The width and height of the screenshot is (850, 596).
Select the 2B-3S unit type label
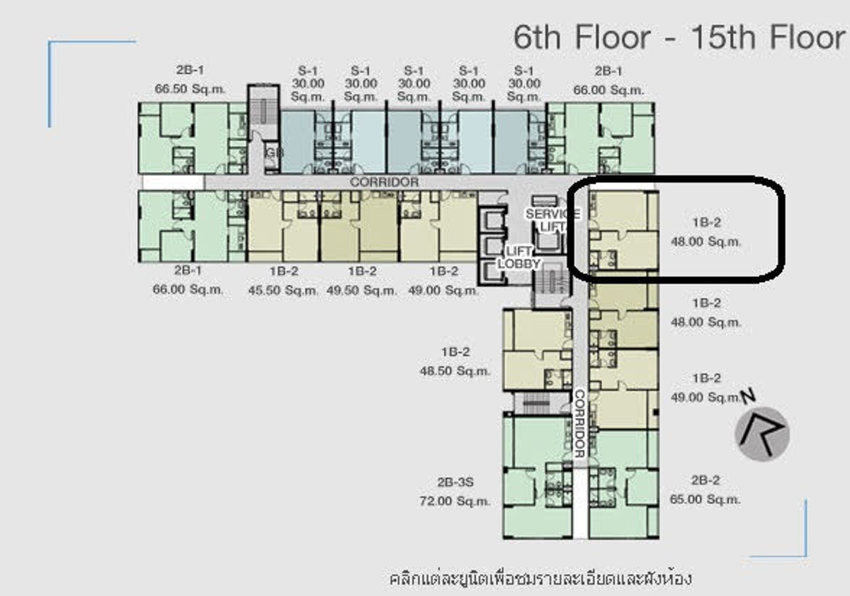coord(455,483)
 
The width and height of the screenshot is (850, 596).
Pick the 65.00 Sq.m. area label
coord(705,499)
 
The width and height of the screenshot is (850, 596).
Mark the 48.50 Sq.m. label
coord(455,370)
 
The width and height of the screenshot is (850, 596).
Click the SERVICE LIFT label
coord(552,220)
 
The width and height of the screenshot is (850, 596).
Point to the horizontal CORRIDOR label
coord(384,182)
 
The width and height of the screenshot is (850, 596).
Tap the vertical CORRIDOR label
coord(579,423)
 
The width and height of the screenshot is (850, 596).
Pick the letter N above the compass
coord(747,395)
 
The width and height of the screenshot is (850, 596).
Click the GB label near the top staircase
coord(271,153)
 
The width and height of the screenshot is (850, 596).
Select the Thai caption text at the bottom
coord(540,578)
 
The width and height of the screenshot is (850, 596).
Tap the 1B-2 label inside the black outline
coord(705,222)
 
